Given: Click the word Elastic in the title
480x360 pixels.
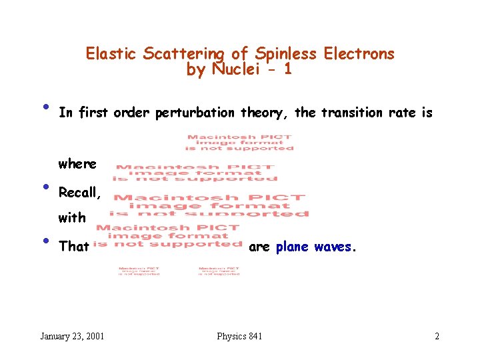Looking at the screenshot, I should coord(111,54).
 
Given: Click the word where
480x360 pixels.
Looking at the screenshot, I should coord(77,164).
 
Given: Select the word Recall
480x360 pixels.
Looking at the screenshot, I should coord(79,193).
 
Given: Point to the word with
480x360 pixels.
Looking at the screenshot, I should coord(72,217).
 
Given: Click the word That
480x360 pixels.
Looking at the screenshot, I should coord(74,247).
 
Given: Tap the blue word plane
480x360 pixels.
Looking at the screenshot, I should coord(293,247).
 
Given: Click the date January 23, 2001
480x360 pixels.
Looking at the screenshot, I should coord(73,336).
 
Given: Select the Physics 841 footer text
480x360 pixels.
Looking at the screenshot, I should coord(239,336).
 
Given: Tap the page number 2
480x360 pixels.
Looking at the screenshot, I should coord(437,336).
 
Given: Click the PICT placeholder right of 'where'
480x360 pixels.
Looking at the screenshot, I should coord(195,173).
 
